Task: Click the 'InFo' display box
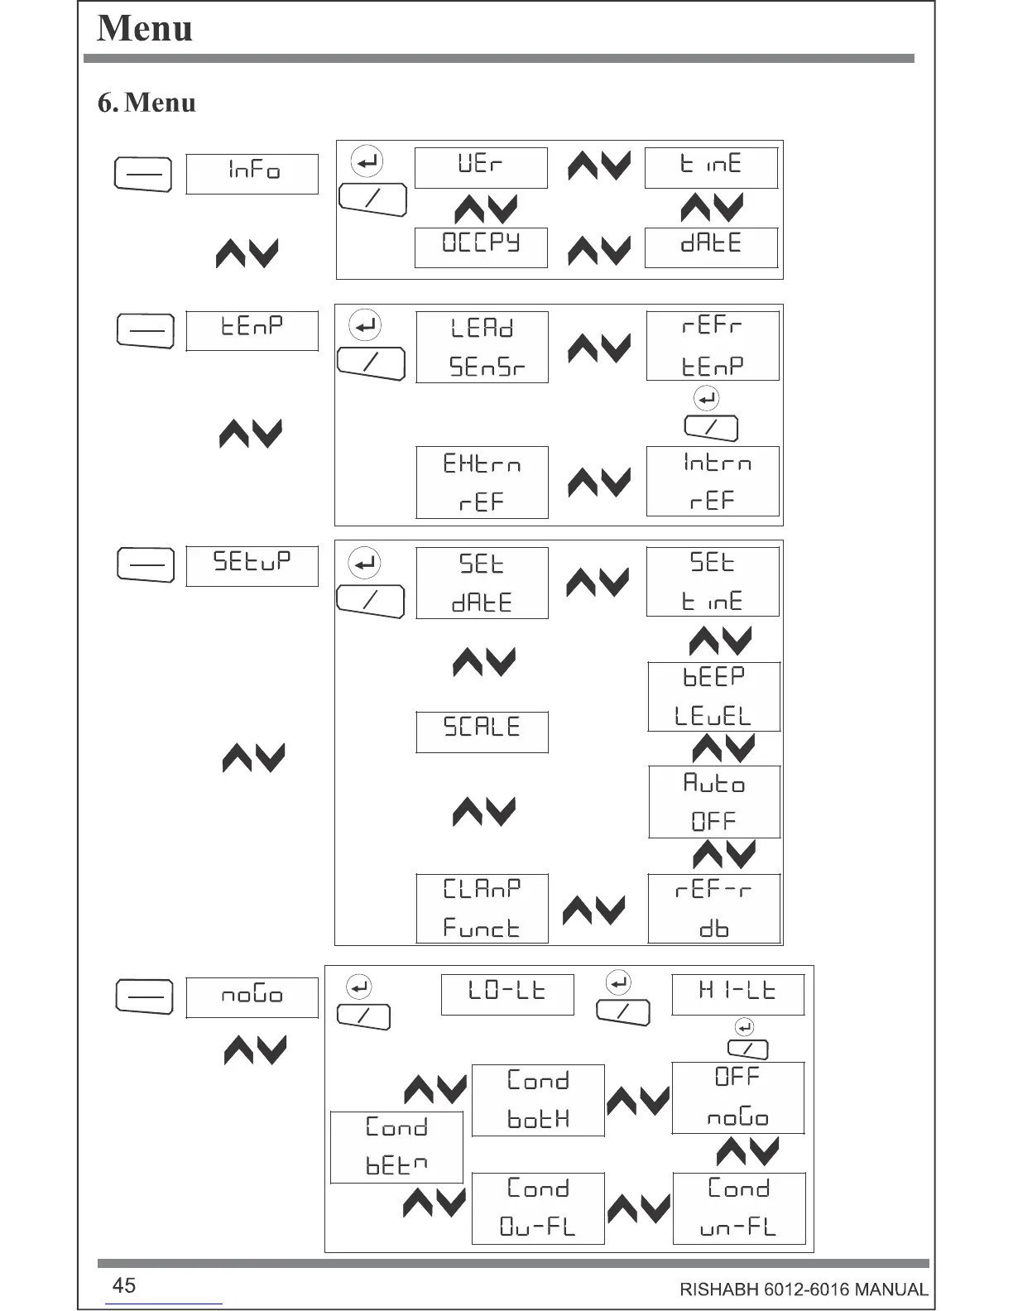coord(252,174)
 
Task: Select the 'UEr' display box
coord(481,168)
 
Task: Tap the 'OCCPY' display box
coord(481,247)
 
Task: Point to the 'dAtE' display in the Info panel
coord(711,247)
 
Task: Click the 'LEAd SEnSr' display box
coord(482,347)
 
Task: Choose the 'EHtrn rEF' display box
coord(482,483)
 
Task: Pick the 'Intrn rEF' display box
coord(713,482)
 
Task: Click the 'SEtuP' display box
coord(252,566)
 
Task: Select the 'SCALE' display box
coord(482,732)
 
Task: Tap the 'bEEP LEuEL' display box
coord(713,696)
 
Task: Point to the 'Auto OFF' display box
coord(714,802)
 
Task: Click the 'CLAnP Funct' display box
coord(482,908)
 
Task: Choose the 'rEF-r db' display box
coord(714,908)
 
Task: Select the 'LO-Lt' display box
coord(507,994)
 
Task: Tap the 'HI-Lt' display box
coord(737,994)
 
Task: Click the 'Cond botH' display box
coord(538,1100)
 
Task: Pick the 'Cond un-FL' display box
coord(739,1208)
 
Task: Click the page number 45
coord(124,1285)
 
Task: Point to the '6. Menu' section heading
coord(146,103)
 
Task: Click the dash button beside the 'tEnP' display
coord(146,331)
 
